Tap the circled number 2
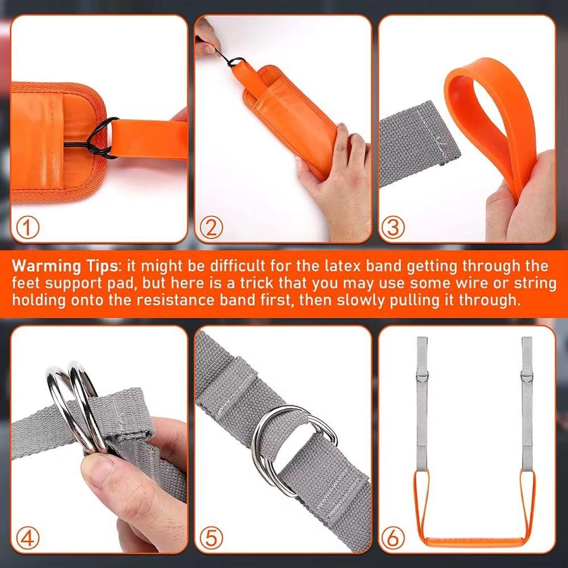[211, 227]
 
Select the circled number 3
[393, 227]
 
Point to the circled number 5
[211, 537]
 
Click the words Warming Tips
[64, 266]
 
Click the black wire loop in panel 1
[102, 139]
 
